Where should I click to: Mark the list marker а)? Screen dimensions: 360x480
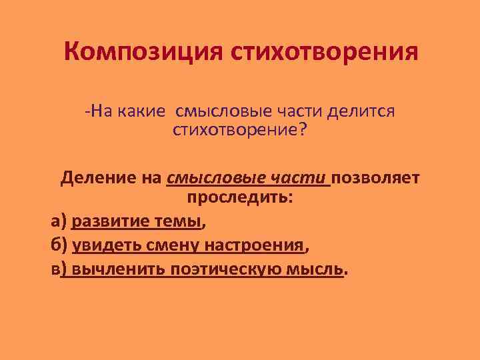pyautogui.click(x=59, y=222)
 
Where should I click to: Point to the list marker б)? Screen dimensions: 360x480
pyautogui.click(x=59, y=245)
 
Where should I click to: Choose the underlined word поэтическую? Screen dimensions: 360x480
pyautogui.click(x=229, y=269)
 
